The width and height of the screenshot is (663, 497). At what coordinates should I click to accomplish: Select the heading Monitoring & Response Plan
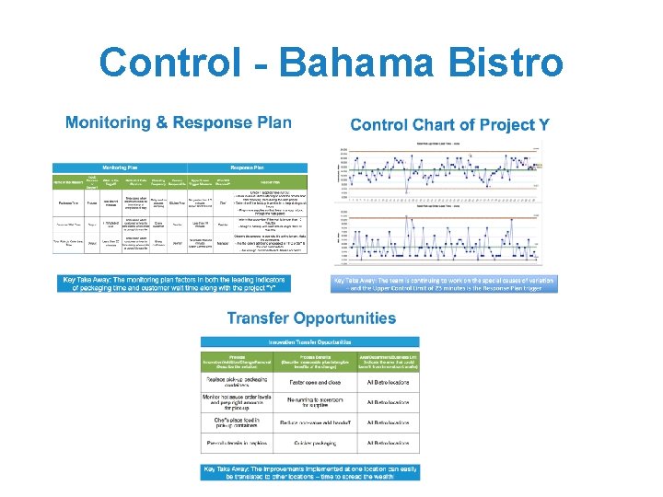tap(178, 122)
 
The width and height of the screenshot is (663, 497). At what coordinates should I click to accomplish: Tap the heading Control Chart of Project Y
tap(449, 124)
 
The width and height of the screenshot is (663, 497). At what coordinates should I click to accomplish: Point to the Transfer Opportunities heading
tap(311, 318)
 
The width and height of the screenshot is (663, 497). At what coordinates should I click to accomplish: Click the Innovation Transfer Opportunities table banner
tap(310, 342)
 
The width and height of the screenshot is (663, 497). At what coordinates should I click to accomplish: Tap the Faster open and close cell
tap(316, 379)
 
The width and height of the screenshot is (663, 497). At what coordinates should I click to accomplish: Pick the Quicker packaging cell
tap(316, 443)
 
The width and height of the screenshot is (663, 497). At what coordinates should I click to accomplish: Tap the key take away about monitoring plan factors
tap(175, 283)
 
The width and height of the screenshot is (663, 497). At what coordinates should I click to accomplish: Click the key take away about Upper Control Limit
tap(445, 283)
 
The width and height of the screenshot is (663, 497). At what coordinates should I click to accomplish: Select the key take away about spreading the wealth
tap(310, 470)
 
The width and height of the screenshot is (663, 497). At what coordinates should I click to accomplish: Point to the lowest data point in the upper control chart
tap(408, 196)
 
